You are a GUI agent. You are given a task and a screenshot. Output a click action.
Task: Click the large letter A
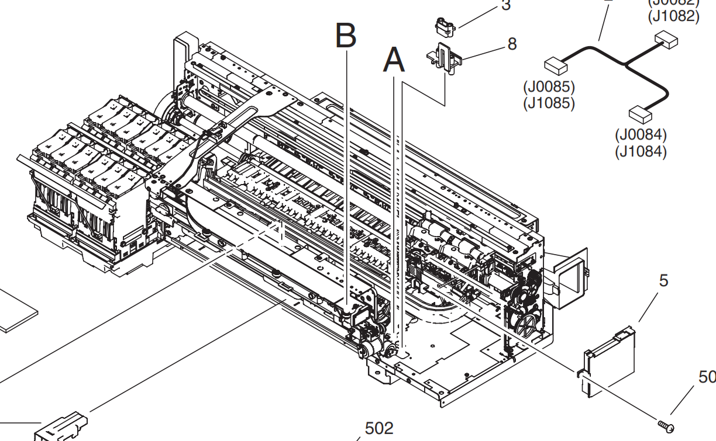tap(394, 61)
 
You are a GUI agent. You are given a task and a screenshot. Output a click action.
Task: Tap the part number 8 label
tap(512, 44)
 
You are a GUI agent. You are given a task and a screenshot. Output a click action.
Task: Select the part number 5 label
tap(663, 281)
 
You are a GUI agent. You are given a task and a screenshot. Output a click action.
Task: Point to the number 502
tap(379, 428)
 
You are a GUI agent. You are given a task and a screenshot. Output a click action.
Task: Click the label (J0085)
tap(549, 88)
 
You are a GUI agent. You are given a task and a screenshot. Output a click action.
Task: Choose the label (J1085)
tap(549, 103)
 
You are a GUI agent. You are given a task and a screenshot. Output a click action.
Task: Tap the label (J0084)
tap(641, 135)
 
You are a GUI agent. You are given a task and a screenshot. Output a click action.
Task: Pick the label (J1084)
tap(641, 151)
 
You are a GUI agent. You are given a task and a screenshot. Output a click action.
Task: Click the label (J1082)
tap(673, 16)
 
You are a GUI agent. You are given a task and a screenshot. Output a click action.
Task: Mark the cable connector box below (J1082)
tap(666, 40)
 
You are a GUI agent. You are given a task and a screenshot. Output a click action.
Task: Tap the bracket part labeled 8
tap(444, 58)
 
